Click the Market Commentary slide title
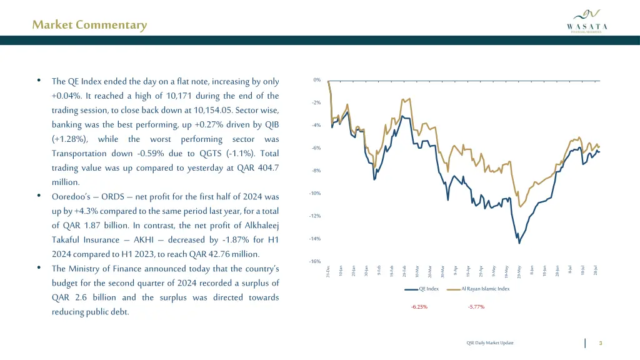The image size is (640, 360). pyautogui.click(x=89, y=25)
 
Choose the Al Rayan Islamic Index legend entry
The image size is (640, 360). pyautogui.click(x=486, y=289)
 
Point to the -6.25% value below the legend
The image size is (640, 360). pyautogui.click(x=419, y=307)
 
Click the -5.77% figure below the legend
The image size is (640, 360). pyautogui.click(x=476, y=307)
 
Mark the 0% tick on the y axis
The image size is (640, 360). pyautogui.click(x=317, y=80)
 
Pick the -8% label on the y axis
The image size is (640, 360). pyautogui.click(x=316, y=171)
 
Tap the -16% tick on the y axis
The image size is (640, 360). pyautogui.click(x=316, y=261)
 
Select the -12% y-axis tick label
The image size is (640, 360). pyautogui.click(x=316, y=216)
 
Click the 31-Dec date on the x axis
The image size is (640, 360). pyautogui.click(x=328, y=271)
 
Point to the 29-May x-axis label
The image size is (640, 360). pyautogui.click(x=519, y=271)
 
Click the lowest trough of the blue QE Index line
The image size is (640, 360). pyautogui.click(x=519, y=242)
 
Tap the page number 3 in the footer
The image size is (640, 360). pyautogui.click(x=600, y=342)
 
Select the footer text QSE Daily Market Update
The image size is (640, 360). pyautogui.click(x=490, y=342)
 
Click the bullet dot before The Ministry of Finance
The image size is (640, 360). pyautogui.click(x=39, y=269)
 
